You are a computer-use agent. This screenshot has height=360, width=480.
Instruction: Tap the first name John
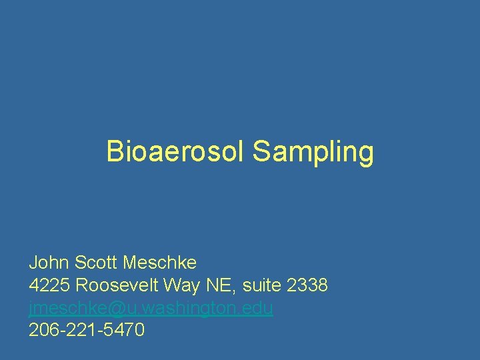49,262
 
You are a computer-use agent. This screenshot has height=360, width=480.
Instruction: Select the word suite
263,285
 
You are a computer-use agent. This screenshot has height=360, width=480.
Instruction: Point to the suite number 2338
307,285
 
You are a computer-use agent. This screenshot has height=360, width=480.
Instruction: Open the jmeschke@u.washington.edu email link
151,308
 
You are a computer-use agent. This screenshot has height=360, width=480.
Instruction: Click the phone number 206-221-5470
87,330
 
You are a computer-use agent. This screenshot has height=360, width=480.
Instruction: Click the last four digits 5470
123,330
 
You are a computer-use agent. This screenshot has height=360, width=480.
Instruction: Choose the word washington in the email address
191,308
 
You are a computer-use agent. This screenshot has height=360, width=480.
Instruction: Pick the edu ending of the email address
259,308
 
